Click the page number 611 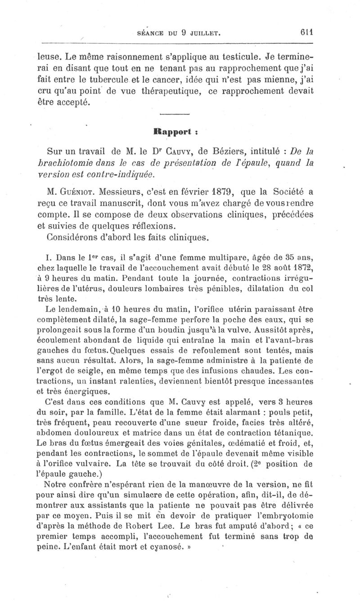click(x=307, y=32)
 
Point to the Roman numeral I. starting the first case click(x=49, y=258)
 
